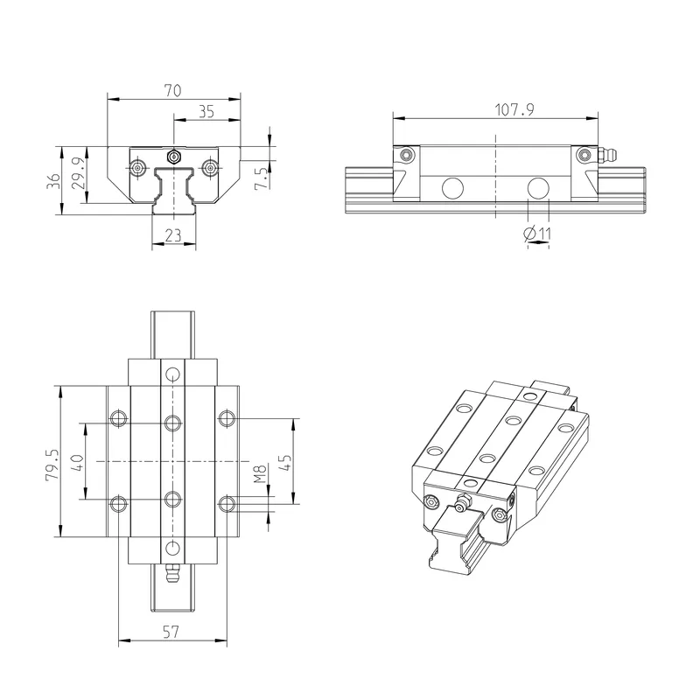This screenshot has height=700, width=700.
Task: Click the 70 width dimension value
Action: click(172, 91)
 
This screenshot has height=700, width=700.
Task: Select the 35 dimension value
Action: click(206, 112)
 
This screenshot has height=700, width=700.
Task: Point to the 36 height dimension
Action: click(53, 181)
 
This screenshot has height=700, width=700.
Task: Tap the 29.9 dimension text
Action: click(78, 173)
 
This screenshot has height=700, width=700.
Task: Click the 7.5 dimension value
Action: click(262, 178)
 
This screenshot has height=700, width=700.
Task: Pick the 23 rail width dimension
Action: click(173, 235)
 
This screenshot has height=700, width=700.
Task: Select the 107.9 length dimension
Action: click(514, 109)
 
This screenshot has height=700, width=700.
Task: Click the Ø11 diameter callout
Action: click(537, 233)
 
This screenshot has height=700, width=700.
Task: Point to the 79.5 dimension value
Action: click(52, 465)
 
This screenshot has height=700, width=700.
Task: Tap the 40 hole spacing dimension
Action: click(77, 463)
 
